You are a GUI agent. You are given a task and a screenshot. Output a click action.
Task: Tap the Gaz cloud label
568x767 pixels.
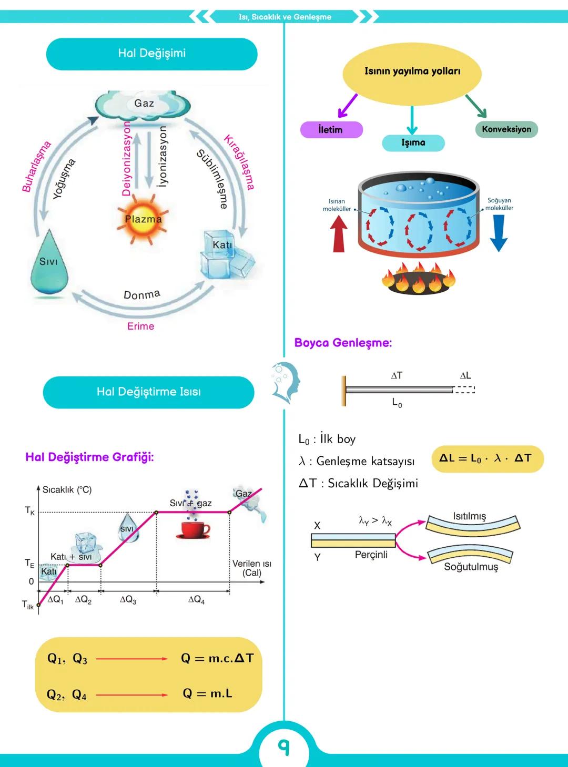coord(144,104)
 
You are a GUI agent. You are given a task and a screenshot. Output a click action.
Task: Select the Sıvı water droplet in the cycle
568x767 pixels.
coord(49,263)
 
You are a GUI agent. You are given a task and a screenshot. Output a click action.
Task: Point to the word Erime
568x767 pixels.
coord(140,326)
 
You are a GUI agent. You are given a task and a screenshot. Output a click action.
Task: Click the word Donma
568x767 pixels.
coord(141,294)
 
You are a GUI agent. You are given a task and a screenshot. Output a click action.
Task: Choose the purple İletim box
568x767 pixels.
coord(331,130)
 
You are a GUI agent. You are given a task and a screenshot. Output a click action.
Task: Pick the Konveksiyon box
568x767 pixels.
coord(506,129)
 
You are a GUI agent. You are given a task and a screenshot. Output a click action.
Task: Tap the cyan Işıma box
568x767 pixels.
coord(413,142)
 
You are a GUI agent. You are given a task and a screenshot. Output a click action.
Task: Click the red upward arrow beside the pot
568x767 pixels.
coord(339,234)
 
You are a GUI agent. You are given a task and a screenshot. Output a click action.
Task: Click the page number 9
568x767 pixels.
coord(284,746)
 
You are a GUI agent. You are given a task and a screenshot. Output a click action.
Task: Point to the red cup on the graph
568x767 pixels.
coord(192,530)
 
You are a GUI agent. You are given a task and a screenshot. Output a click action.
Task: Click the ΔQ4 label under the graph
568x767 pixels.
coord(196,599)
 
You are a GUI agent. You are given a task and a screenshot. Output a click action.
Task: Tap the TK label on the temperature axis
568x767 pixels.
coord(30,510)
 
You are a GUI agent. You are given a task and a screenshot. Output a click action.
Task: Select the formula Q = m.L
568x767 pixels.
coord(207,694)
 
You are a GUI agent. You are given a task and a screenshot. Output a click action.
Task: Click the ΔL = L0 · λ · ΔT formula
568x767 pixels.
coord(486,458)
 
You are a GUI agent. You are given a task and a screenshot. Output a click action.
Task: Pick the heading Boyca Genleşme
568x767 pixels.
coord(343,343)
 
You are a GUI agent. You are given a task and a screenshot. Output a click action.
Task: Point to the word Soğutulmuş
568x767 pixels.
coord(471,567)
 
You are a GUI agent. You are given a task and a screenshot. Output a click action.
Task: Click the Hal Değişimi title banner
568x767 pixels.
coord(151,54)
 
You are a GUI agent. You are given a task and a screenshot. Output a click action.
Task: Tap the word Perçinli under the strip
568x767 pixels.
coord(371,555)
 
